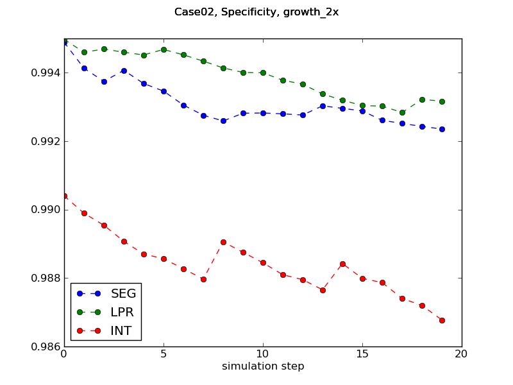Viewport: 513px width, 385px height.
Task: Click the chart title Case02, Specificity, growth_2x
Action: click(x=256, y=12)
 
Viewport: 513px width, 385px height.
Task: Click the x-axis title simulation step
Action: click(x=263, y=366)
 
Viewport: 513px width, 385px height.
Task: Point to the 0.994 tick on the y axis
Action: click(x=43, y=73)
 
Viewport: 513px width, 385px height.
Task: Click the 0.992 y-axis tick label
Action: click(x=43, y=141)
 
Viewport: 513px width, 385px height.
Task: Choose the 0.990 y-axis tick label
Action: click(x=43, y=210)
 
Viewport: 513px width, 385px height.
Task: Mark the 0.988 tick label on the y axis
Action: click(x=43, y=278)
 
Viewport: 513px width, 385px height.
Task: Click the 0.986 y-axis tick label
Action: click(x=43, y=346)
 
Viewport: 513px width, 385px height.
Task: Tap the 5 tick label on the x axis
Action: click(x=164, y=354)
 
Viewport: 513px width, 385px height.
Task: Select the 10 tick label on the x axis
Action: click(x=263, y=354)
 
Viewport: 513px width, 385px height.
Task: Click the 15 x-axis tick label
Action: click(x=362, y=354)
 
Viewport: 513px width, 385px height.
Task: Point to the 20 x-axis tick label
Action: click(x=462, y=354)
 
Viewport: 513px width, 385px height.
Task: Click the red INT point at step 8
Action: click(x=223, y=242)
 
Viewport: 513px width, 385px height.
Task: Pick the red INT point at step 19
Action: click(x=442, y=320)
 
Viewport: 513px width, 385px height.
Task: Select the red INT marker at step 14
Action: click(x=342, y=264)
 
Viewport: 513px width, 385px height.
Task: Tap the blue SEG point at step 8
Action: click(x=223, y=121)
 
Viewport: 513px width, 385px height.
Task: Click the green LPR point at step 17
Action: click(x=402, y=112)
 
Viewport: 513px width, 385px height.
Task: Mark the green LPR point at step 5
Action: click(x=164, y=49)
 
